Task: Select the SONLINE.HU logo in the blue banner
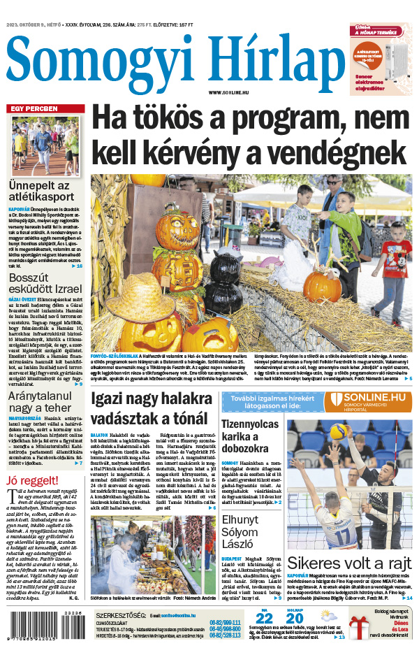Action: coord(366,401)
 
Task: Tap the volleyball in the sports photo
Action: coord(339,431)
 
